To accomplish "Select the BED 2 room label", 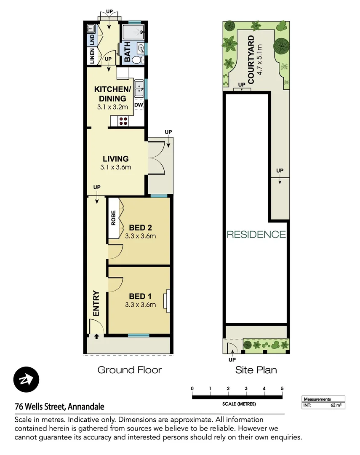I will tap(140, 228).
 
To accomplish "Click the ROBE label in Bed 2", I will tap(113, 218).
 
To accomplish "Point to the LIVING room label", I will tap(116, 159).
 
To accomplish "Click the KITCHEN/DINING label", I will tap(112, 94).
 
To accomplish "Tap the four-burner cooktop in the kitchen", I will tap(124, 121).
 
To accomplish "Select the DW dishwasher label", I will tap(138, 105).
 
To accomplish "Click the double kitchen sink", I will tap(139, 88).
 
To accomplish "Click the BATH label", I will tap(127, 53).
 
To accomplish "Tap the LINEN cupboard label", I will tap(91, 56).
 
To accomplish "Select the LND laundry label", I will tap(91, 40).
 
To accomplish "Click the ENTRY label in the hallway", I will tap(96, 303).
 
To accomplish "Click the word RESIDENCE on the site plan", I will tap(256, 235).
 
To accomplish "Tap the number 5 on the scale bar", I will tap(282, 388).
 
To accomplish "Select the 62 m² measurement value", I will tap(336, 405).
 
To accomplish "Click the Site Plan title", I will tap(256, 370).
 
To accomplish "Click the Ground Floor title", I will tap(130, 370).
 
